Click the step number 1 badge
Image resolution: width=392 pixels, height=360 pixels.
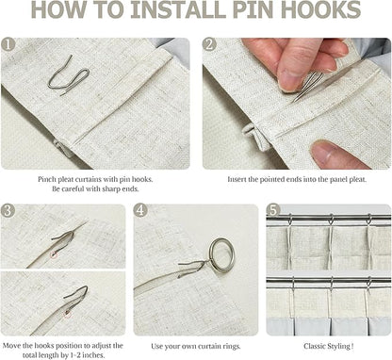(x=8, y=44)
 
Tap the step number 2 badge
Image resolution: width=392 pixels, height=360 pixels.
(x=209, y=44)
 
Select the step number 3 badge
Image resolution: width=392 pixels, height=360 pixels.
(x=8, y=210)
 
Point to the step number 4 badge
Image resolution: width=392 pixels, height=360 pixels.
(x=140, y=210)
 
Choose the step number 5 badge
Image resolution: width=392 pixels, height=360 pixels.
(x=273, y=210)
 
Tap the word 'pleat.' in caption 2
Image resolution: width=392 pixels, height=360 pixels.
(x=357, y=180)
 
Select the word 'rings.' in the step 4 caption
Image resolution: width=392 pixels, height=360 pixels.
(x=232, y=347)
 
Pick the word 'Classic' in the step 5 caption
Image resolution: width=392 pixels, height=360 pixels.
(x=315, y=346)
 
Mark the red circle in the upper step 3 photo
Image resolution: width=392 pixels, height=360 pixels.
(x=55, y=254)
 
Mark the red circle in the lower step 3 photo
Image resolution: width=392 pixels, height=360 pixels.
(x=67, y=313)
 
